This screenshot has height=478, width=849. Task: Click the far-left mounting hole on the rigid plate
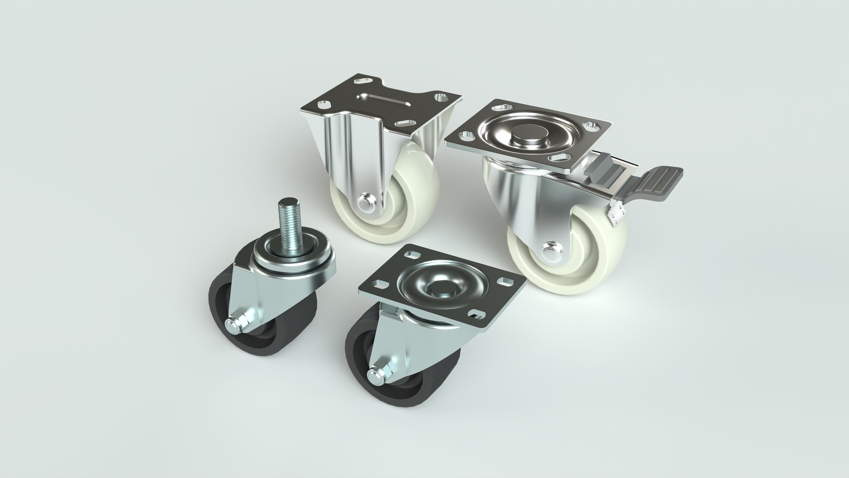[x=323, y=104]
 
